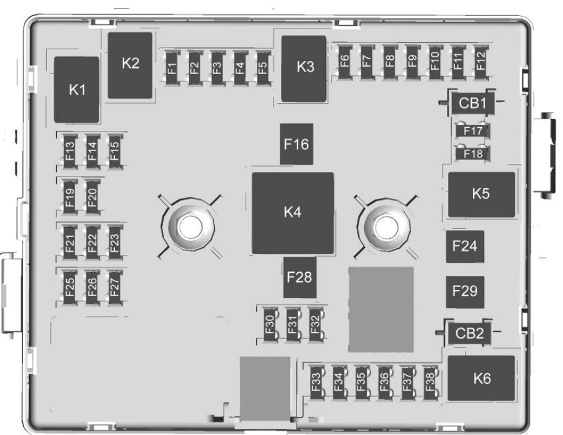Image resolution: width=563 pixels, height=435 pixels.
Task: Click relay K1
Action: (77, 89)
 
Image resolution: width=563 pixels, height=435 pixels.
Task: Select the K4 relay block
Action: (293, 213)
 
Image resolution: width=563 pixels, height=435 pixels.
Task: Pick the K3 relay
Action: (304, 68)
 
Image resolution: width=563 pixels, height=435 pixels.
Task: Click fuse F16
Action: (296, 144)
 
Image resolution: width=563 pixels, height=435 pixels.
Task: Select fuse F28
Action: (300, 276)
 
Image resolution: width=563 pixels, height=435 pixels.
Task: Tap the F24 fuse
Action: (465, 247)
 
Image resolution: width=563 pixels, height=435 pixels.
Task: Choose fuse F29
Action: (465, 291)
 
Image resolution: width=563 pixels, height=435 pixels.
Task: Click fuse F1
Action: (171, 64)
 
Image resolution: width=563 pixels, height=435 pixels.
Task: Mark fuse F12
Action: (480, 62)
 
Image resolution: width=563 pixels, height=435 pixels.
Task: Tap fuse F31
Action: (293, 324)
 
